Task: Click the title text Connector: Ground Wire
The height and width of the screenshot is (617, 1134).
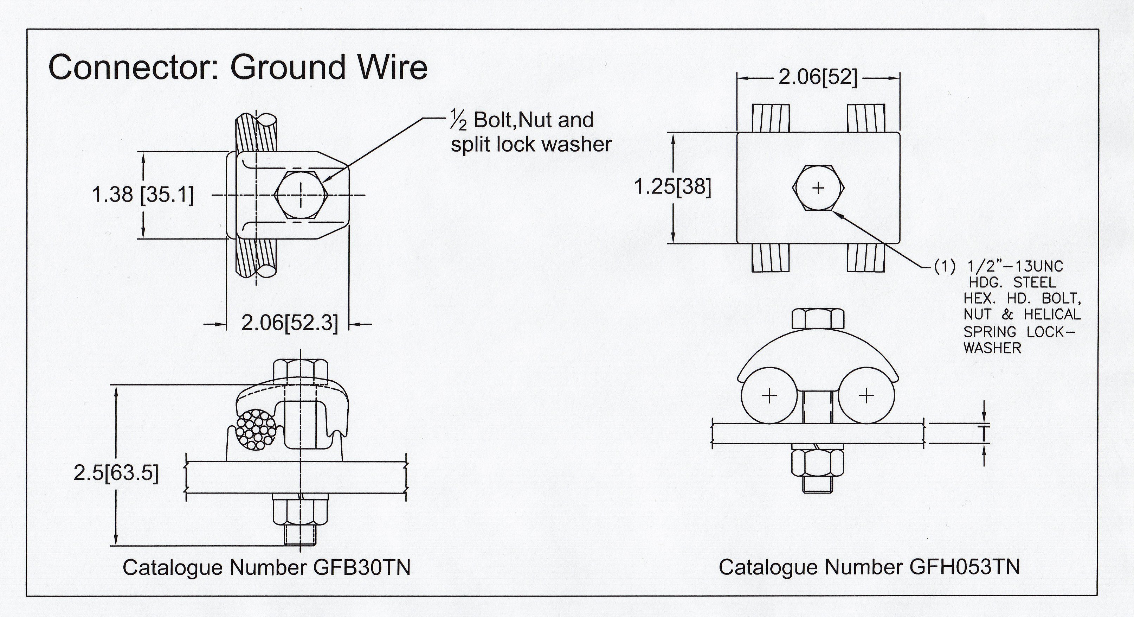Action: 238,68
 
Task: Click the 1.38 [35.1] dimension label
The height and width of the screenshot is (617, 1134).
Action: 143,195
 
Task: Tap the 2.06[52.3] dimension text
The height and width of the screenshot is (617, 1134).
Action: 290,324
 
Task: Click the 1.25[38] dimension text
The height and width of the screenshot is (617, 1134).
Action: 672,187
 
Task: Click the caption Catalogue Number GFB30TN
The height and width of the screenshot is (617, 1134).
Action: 266,568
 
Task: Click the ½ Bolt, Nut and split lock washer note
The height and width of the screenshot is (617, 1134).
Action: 531,132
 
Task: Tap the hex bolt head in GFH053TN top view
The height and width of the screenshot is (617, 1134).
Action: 818,188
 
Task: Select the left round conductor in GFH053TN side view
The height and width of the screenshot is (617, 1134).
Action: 769,395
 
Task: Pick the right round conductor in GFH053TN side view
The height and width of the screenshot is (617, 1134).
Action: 866,395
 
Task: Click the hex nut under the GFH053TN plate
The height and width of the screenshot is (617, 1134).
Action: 818,469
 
